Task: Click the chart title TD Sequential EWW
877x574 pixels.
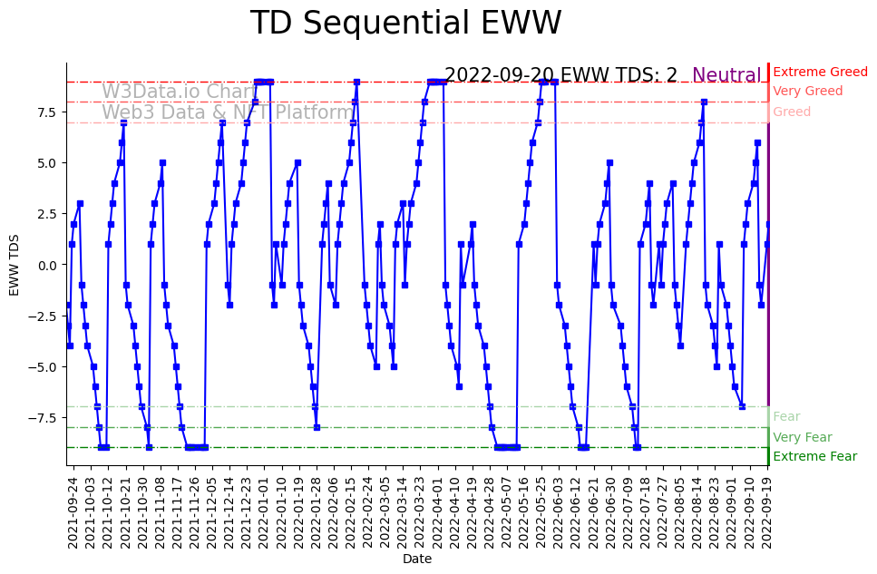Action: (405, 24)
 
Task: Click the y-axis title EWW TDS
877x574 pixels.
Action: (15, 264)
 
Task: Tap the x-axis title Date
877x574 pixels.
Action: (417, 559)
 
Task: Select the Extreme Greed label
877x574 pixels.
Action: (820, 72)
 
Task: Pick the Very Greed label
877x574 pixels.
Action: (807, 92)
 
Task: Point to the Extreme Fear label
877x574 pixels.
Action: (814, 456)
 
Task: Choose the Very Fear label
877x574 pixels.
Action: (802, 437)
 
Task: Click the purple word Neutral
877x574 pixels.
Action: (726, 76)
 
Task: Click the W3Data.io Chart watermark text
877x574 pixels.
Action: (179, 92)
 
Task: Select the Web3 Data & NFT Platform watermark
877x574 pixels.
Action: (228, 112)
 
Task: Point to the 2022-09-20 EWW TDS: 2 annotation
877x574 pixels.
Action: (560, 76)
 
